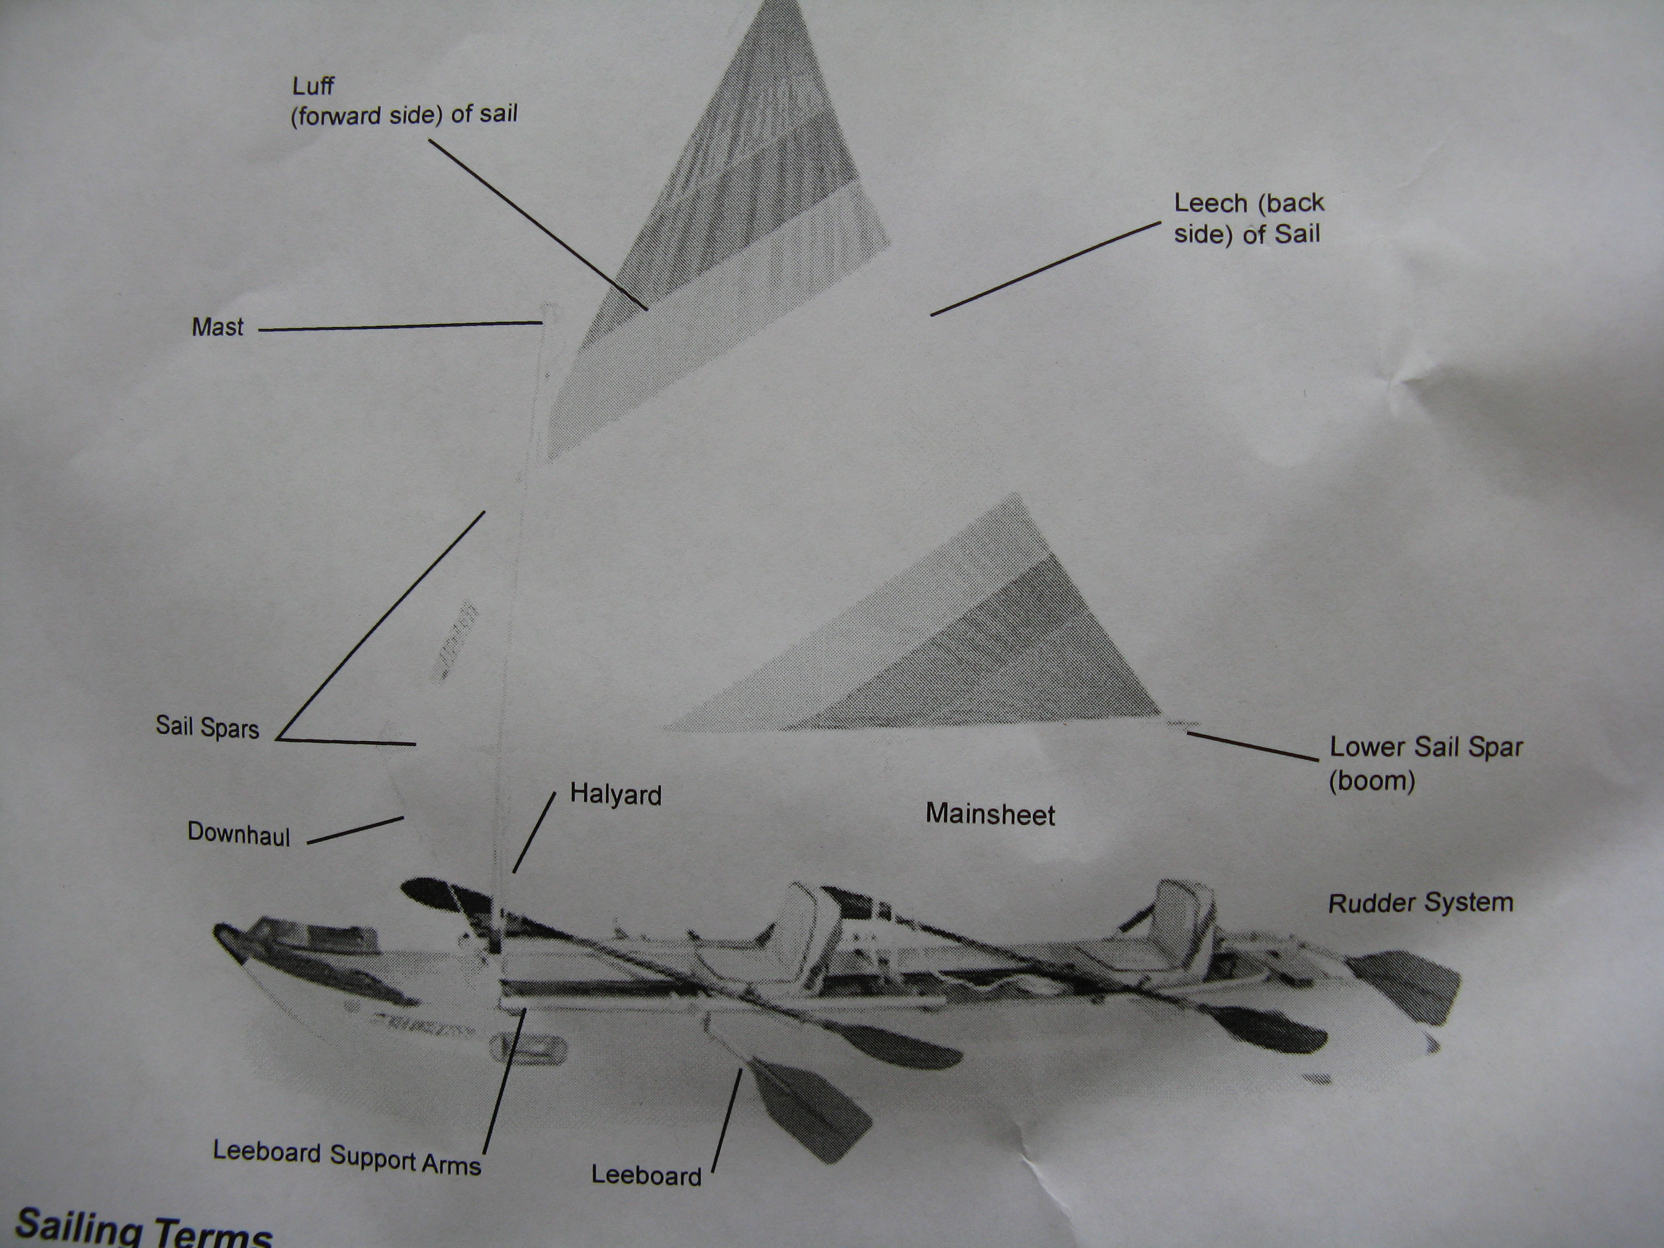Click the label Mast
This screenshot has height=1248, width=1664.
click(x=217, y=327)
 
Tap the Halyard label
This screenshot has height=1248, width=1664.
click(x=615, y=794)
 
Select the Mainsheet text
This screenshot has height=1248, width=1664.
click(x=990, y=815)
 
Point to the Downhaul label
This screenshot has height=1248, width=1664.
click(x=239, y=834)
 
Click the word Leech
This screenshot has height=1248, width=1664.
click(x=1210, y=202)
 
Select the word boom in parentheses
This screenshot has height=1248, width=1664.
click(x=1372, y=781)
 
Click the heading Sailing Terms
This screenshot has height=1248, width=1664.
click(x=143, y=1229)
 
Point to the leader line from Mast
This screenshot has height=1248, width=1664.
click(x=400, y=326)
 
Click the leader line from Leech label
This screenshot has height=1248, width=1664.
click(x=1046, y=269)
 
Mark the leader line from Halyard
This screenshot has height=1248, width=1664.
click(x=534, y=832)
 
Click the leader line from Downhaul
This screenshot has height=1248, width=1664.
click(x=355, y=830)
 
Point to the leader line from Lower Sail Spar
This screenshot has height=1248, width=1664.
click(x=1253, y=745)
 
